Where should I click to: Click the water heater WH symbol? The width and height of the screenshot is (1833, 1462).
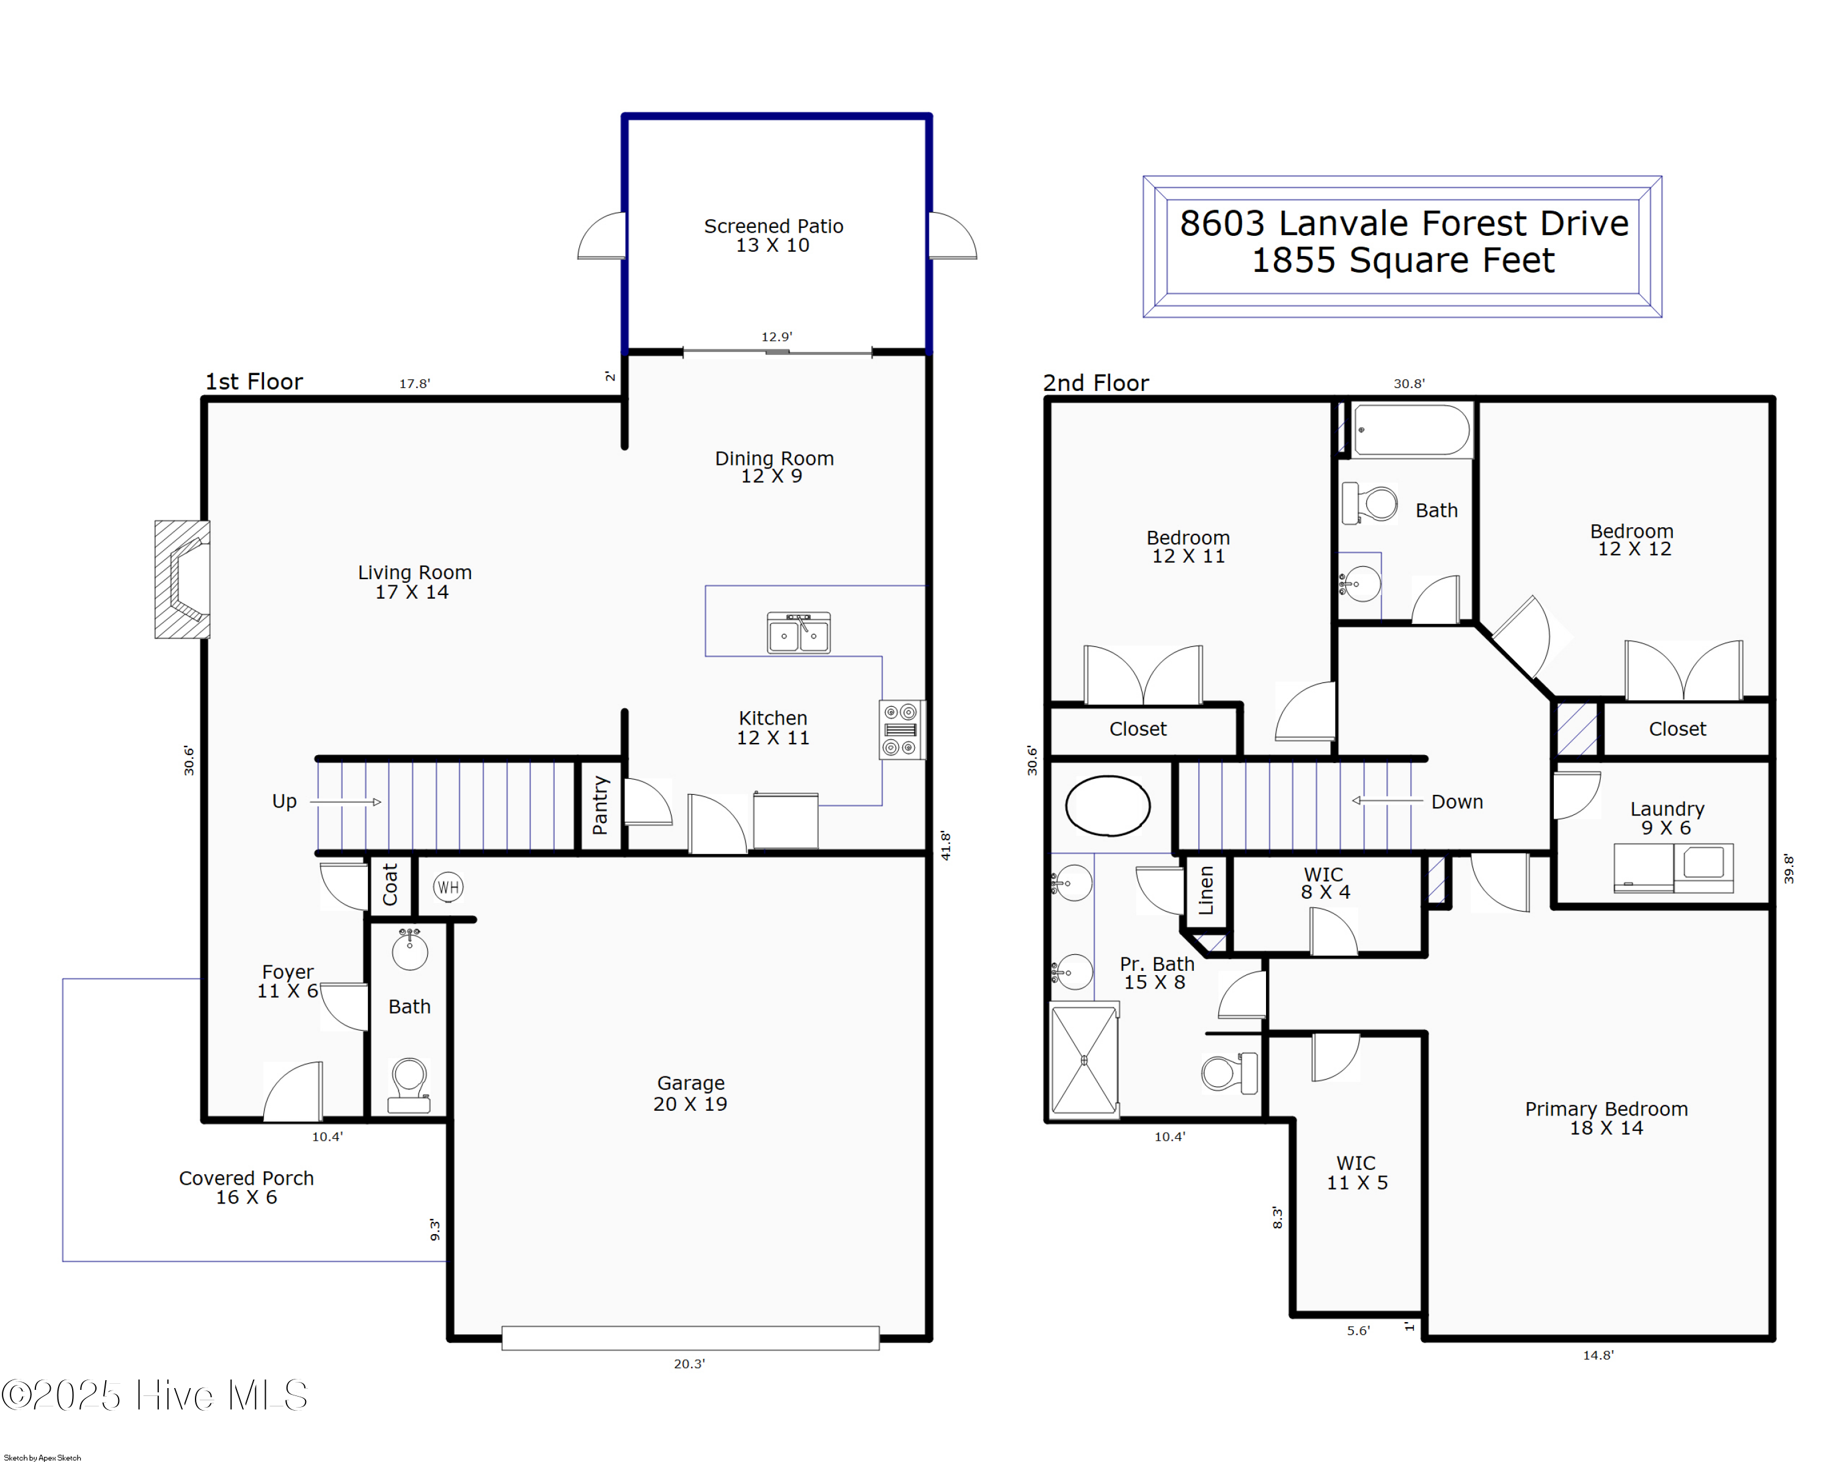[x=448, y=887]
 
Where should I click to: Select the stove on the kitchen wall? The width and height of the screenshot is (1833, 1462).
[x=901, y=729]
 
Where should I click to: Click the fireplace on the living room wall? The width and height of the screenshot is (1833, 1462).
[x=183, y=579]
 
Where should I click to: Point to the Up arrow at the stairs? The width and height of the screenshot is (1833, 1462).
[x=345, y=802]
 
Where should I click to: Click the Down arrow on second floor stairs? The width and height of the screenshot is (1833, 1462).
[x=1386, y=801]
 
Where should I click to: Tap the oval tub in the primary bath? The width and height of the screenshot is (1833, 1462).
[x=1107, y=805]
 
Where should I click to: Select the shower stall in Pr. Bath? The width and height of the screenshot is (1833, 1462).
[x=1084, y=1059]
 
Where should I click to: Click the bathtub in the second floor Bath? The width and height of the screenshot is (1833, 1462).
[x=1411, y=430]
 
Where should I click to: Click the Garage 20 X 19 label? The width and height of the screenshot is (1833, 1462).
[x=690, y=1093]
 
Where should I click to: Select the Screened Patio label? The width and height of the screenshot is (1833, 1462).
[x=773, y=235]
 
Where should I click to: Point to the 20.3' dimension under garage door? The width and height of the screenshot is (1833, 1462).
[x=689, y=1364]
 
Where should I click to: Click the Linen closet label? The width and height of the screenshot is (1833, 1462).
[x=1206, y=890]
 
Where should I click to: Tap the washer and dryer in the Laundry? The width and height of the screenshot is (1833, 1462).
[x=1673, y=867]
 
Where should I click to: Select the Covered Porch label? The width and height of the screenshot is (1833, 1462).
[x=247, y=1186]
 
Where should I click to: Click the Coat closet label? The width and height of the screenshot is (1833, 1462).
[x=390, y=884]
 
